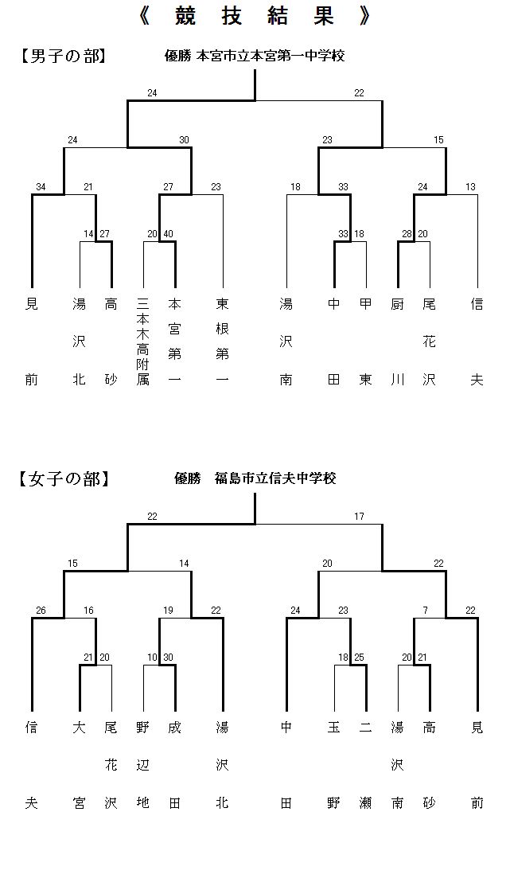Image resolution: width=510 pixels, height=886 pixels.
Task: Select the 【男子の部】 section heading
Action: point(63,56)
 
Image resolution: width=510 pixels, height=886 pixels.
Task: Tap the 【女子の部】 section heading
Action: point(63,478)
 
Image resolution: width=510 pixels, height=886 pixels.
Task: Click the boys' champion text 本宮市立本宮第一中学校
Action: point(270,56)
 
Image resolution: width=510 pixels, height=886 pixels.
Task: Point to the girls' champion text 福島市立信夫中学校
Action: point(275,478)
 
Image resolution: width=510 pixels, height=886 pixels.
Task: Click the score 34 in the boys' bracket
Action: point(41,187)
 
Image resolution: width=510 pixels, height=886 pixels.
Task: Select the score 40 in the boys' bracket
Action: point(169,234)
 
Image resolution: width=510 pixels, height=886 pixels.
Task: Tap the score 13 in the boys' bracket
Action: point(470,187)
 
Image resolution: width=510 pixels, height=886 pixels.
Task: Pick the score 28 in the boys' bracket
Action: point(407,234)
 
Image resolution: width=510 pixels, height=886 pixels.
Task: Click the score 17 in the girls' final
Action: point(359,516)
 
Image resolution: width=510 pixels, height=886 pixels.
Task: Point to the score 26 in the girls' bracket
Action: point(41,611)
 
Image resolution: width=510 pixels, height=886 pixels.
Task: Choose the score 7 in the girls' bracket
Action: point(426,611)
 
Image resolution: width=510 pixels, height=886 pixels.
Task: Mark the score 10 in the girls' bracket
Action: point(153,658)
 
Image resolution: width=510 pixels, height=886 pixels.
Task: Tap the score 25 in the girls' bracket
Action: point(359,658)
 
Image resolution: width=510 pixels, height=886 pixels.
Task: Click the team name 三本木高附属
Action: point(143,342)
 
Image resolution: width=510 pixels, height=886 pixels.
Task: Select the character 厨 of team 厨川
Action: point(398,305)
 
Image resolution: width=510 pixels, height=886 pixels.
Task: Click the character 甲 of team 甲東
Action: point(365,305)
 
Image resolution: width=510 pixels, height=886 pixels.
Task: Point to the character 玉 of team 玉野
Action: point(334,728)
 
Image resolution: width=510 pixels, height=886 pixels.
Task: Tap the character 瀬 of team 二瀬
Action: point(365,803)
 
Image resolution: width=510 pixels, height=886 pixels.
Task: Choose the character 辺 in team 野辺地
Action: point(143,765)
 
